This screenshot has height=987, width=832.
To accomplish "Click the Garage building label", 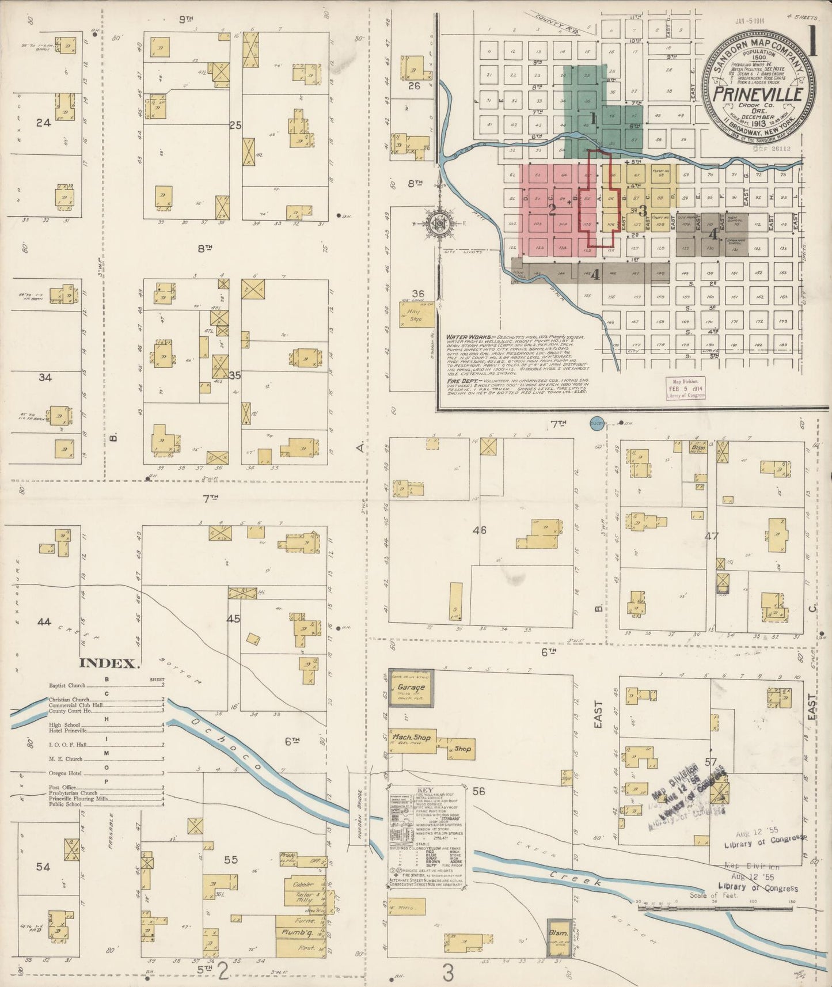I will tap(411, 687).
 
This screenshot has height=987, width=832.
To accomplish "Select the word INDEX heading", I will tap(109, 663).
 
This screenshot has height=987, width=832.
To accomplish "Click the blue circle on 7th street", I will tap(597, 424).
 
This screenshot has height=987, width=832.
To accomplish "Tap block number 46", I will tap(479, 530).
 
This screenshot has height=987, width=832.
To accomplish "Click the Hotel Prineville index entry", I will tap(68, 730).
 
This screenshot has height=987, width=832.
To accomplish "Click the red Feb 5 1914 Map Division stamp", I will tap(685, 389).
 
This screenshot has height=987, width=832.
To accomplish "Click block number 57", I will tap(712, 762).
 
